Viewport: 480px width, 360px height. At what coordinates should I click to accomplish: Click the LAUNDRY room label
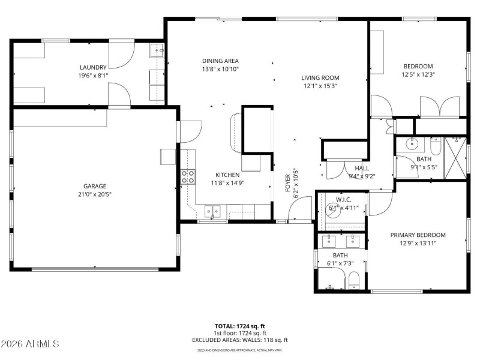point(92,67)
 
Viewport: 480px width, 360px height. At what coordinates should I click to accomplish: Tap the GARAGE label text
point(95,186)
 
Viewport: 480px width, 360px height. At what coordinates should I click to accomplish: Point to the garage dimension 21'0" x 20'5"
point(95,194)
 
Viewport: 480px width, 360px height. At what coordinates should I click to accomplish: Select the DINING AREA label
point(220,61)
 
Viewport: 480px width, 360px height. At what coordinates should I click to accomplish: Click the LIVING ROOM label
point(320,77)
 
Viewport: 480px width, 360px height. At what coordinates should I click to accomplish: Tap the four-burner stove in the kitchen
point(188,176)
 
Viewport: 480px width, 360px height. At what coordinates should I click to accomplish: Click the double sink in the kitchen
point(212,211)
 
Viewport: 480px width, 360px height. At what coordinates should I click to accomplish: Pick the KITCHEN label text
point(227,175)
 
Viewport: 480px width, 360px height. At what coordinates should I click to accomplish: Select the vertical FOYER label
point(288,182)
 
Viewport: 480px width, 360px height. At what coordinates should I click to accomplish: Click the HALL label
point(362,169)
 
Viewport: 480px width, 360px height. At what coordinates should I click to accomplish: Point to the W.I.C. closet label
point(343,200)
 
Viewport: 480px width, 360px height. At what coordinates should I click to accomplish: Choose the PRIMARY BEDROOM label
point(418,235)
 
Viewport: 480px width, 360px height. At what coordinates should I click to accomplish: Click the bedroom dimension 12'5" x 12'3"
point(418,75)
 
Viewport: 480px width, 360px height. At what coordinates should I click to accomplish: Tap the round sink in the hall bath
point(412,145)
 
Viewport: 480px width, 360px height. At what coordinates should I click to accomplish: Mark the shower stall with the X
point(455,158)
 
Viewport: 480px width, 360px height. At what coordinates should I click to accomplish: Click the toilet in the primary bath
point(353,279)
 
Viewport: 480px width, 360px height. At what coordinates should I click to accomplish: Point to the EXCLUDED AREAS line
point(239,340)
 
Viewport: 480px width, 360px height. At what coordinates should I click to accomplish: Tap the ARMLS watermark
point(30,344)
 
